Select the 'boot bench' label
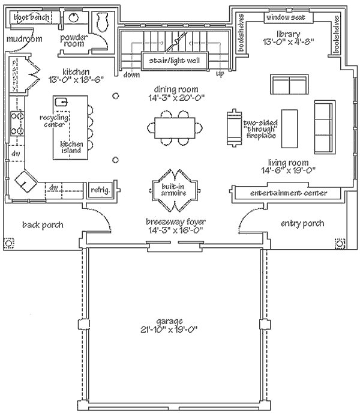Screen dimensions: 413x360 tap(31, 17)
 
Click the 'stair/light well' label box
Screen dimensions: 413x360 tap(174, 61)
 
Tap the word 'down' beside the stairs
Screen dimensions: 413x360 tap(131, 75)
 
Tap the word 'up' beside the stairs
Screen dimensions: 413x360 tap(220, 74)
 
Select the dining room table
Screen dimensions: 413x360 tap(174, 128)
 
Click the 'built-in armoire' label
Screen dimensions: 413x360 tap(173, 189)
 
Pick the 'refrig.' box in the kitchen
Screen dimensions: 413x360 tap(100, 190)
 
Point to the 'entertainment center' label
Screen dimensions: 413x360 tap(289, 193)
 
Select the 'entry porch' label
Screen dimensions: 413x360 tap(302, 223)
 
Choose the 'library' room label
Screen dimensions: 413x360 tap(287, 33)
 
